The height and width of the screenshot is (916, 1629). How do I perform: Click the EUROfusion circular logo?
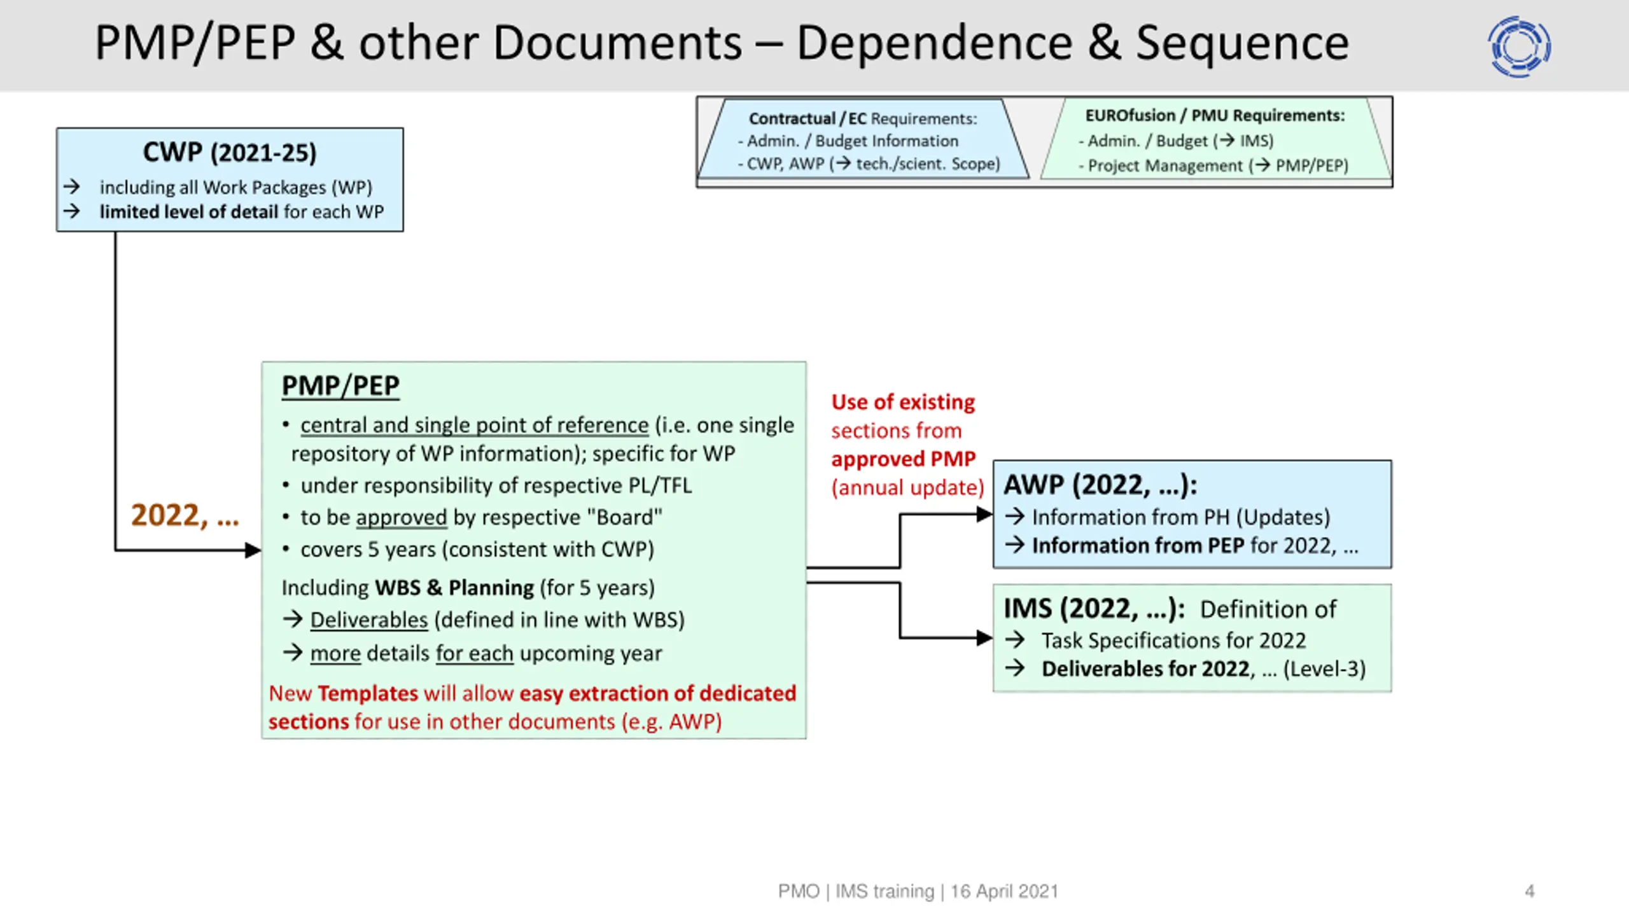pos(1520,46)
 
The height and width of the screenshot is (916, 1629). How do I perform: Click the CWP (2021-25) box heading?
pos(230,153)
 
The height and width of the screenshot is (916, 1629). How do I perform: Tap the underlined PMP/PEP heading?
pos(340,386)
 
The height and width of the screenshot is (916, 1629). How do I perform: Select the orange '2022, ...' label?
pos(185,515)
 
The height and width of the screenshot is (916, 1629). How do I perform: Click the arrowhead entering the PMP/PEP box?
pos(253,550)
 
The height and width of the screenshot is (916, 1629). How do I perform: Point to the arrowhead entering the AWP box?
pos(985,514)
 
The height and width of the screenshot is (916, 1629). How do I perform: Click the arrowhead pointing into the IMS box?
pos(985,637)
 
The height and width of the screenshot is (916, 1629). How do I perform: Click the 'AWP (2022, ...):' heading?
pos(1101,485)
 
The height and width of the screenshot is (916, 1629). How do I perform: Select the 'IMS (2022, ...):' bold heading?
pos(1094,609)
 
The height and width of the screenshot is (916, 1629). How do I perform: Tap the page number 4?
pos(1530,891)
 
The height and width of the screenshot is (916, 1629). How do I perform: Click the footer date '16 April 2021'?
pos(1004,891)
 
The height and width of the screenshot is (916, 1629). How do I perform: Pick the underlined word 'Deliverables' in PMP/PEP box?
pos(369,620)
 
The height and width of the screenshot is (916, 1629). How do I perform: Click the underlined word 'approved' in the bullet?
pos(402,518)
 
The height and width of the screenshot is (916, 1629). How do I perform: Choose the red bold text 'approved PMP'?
pos(904,459)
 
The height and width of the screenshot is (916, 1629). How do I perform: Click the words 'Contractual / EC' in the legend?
pos(808,118)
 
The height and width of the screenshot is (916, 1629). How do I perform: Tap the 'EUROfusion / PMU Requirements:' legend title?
pos(1215,115)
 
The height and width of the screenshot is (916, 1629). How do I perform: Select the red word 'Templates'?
pos(368,693)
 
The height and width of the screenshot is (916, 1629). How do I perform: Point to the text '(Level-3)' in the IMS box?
pos(1325,669)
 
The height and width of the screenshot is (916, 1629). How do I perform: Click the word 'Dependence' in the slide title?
pos(935,43)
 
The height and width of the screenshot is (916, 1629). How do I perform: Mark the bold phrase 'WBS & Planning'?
pos(454,588)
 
